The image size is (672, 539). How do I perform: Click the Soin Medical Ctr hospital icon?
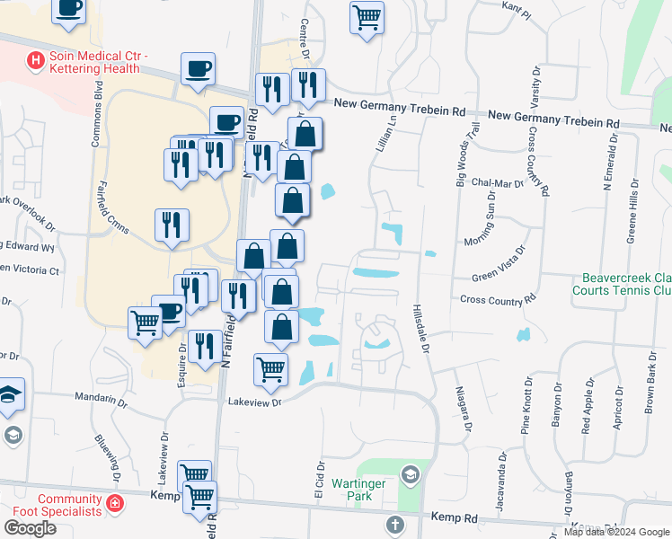coord(36,61)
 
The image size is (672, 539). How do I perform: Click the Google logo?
coord(30,528)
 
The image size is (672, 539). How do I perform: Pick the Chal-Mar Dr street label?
coord(503,183)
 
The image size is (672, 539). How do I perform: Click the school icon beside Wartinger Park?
coord(411,474)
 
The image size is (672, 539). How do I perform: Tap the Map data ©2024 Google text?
coord(615,531)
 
